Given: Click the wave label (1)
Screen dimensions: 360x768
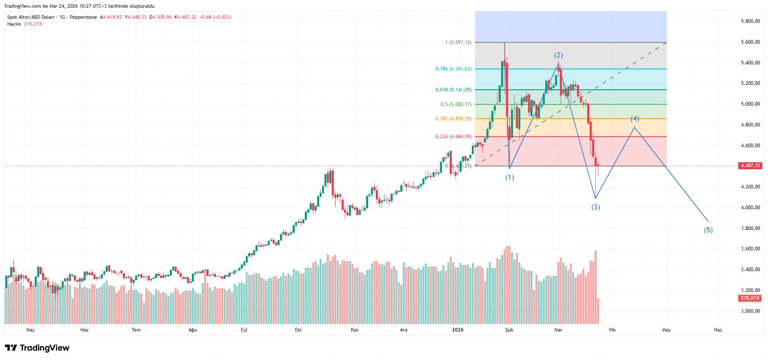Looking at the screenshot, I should point(509,178).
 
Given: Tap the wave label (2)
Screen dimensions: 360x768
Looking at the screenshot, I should point(558,55).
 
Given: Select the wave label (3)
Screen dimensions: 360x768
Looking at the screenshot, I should point(595,207).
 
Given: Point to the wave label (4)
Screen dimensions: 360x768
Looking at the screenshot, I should point(635,119).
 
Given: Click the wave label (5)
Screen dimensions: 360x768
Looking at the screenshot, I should point(708,230).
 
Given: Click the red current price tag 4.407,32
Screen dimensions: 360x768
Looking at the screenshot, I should point(750,166).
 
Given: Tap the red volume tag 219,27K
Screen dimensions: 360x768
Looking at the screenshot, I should point(750,298).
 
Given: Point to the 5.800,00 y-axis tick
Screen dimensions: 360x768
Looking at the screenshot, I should point(750,21).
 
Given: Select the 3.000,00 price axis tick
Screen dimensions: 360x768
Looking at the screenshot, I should point(750,311).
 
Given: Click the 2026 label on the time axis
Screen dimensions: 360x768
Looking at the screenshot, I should point(458,330).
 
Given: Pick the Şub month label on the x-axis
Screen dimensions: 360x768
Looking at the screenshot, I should point(509,330).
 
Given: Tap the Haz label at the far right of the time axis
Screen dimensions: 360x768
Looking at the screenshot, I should point(718,330).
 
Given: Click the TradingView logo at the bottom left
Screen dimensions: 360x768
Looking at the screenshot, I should point(37,348).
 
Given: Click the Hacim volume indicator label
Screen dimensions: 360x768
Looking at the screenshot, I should point(14,24).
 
